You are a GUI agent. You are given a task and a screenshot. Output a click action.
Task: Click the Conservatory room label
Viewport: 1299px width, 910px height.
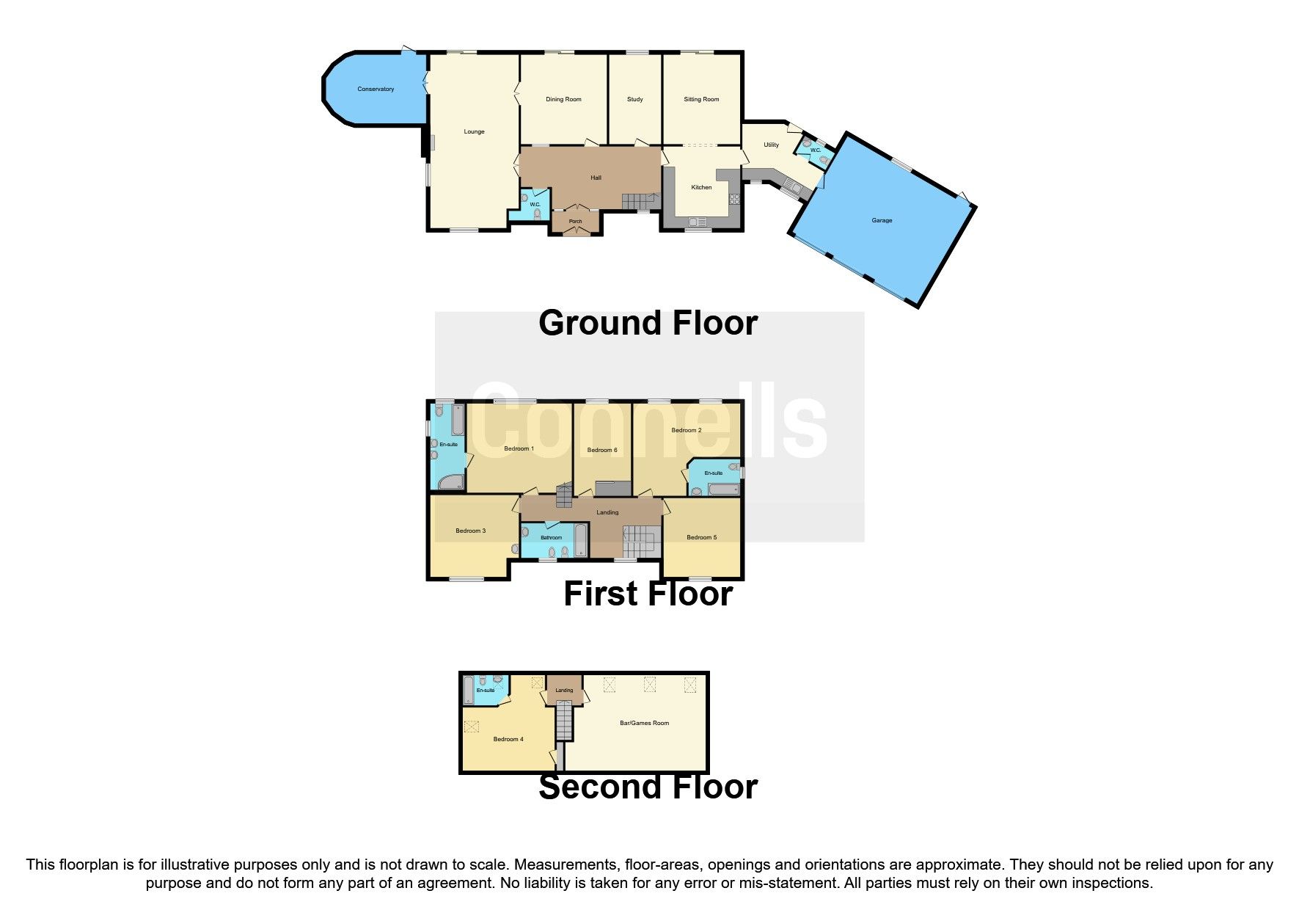coord(376,90)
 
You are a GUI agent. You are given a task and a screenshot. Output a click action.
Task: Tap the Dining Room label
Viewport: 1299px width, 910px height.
coord(563,100)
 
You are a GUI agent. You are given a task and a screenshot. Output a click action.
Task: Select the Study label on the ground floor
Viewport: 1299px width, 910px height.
coord(635,100)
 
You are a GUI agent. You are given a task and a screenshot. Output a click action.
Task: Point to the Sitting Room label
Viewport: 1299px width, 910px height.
coord(701,100)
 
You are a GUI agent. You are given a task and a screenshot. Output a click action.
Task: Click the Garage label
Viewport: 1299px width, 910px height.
coord(882,221)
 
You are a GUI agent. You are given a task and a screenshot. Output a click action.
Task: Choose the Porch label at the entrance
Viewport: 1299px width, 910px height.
coord(576,222)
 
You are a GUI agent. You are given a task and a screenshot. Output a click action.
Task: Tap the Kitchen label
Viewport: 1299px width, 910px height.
coord(701,188)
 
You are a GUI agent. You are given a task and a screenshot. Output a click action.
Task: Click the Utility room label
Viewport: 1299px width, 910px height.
coord(771,145)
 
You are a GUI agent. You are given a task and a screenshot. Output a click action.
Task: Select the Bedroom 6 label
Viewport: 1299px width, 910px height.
coord(602,451)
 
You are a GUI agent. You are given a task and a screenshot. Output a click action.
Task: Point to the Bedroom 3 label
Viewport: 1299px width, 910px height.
coord(470,531)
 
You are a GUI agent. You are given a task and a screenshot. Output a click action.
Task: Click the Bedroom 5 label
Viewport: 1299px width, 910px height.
coord(701,538)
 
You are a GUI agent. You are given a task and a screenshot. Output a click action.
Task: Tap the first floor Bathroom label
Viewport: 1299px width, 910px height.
coord(551,538)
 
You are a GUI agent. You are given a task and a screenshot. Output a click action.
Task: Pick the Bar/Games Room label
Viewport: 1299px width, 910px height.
coord(644,724)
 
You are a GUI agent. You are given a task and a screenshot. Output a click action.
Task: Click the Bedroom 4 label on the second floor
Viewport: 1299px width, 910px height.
coord(508,740)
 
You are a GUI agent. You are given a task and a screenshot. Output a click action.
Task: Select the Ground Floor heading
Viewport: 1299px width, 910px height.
coord(648,324)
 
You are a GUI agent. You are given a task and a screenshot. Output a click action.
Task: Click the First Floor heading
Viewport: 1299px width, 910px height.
coord(648,594)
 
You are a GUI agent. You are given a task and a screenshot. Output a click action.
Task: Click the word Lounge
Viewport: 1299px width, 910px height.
coord(474,132)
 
